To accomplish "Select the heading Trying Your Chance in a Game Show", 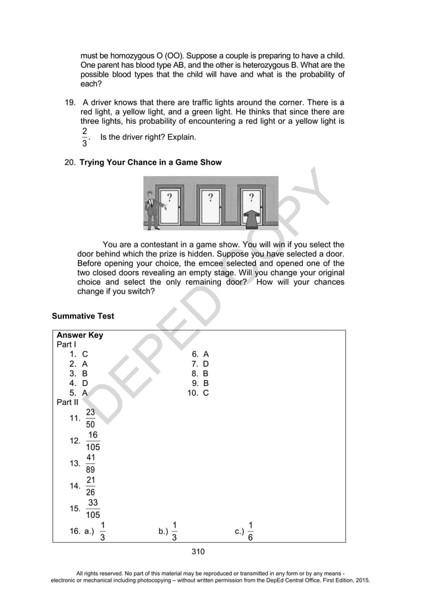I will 150,162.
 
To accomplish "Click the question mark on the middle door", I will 209,197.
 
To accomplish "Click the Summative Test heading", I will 83,316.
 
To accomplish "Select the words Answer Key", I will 80,335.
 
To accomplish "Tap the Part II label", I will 67,402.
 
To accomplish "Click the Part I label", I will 67,344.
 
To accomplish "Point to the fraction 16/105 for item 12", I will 93,441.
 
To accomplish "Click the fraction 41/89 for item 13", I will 90,464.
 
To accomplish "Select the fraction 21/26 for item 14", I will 90,486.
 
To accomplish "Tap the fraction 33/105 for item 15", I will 93,509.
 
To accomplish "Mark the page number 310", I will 198,551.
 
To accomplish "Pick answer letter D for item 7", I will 206,363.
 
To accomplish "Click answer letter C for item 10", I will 206,392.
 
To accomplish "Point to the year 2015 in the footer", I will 362,580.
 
